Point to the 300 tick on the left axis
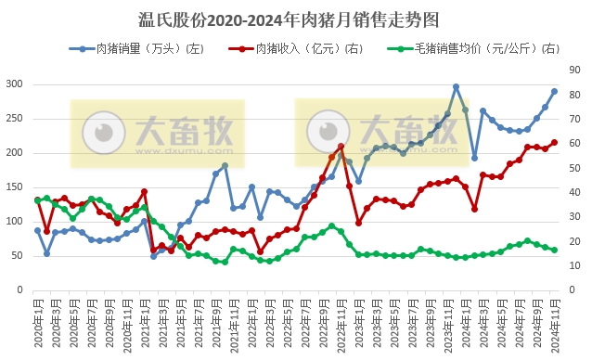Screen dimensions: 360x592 tap(14, 84)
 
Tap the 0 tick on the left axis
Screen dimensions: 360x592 tap(19, 290)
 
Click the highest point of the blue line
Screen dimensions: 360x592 tap(457, 87)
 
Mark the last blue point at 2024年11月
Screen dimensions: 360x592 tap(555, 91)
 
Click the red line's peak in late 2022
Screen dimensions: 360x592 tap(341, 147)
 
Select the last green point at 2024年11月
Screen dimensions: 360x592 tap(555, 250)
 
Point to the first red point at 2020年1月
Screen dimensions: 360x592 tap(38, 199)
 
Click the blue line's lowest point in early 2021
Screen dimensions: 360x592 tap(153, 256)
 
